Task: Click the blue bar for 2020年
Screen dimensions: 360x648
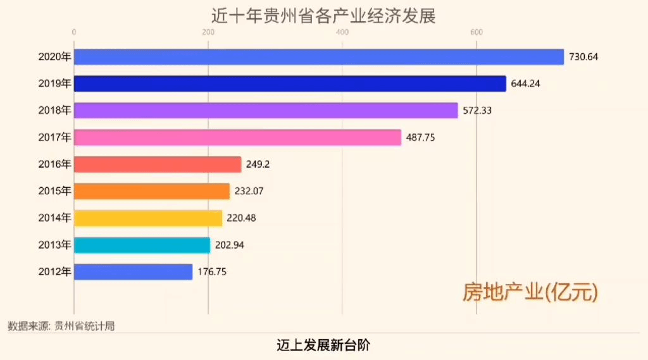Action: click(318, 57)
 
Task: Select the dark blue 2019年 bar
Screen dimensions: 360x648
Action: click(290, 84)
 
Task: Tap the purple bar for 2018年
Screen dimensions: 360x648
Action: click(266, 111)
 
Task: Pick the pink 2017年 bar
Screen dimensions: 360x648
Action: click(237, 137)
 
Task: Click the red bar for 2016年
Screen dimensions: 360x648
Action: click(158, 164)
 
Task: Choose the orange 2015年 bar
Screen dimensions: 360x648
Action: click(152, 191)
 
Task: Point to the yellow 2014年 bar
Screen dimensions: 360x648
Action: click(148, 218)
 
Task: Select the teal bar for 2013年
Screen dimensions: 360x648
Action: click(142, 245)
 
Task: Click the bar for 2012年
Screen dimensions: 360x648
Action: click(133, 272)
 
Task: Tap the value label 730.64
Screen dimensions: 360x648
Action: click(583, 57)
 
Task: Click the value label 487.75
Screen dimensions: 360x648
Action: click(420, 137)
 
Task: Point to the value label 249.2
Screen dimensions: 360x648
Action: click(258, 164)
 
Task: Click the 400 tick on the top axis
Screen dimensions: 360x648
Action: click(342, 33)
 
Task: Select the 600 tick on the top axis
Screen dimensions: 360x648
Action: click(477, 33)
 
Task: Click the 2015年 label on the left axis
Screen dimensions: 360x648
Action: click(55, 191)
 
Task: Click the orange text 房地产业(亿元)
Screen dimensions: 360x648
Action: click(530, 292)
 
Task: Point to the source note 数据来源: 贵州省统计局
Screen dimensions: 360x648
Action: click(61, 326)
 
